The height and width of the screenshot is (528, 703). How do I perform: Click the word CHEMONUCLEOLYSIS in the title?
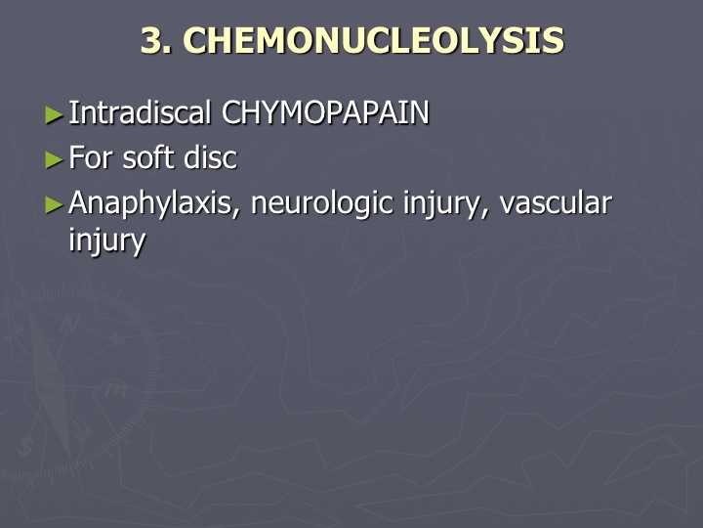[373, 40]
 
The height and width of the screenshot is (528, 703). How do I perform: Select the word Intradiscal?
[140, 112]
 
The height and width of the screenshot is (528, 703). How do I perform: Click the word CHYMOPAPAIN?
[325, 112]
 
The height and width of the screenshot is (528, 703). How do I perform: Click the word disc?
[210, 157]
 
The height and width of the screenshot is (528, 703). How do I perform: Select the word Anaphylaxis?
[150, 203]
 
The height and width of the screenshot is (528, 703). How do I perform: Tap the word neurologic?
[322, 203]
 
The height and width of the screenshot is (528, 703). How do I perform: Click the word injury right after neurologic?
[441, 204]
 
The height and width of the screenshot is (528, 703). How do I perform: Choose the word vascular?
[556, 203]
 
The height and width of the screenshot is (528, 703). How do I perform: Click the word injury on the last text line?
[107, 241]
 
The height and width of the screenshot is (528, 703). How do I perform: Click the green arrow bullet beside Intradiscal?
[55, 115]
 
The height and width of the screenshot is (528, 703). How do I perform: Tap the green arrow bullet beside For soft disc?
[55, 160]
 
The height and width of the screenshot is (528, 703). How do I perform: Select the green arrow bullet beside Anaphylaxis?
[55, 205]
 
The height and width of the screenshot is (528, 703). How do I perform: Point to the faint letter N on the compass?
[69, 323]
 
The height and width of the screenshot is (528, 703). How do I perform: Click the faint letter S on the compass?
[25, 446]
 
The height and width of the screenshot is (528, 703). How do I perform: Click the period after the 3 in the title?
[168, 51]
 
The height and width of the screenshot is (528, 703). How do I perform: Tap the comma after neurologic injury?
[483, 212]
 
